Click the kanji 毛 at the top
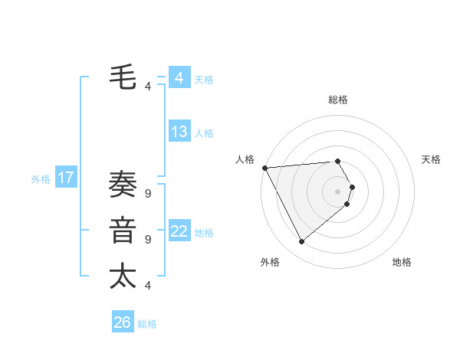[123, 78]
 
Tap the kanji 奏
[123, 186]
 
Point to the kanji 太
[123, 276]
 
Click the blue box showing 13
[179, 132]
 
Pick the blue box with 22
[179, 231]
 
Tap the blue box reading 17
[66, 178]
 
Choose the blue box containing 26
[123, 322]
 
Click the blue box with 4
[179, 78]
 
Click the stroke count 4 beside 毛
[147, 87]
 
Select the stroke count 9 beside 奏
[147, 194]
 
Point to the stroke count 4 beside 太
[147, 286]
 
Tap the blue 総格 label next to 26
[147, 324]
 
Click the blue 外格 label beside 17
[41, 179]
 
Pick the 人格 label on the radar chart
[245, 159]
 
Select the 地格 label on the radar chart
[402, 262]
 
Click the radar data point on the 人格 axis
[264, 168]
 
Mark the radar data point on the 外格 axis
[301, 241]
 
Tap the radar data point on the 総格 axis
[337, 162]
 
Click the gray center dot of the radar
[337, 191]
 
